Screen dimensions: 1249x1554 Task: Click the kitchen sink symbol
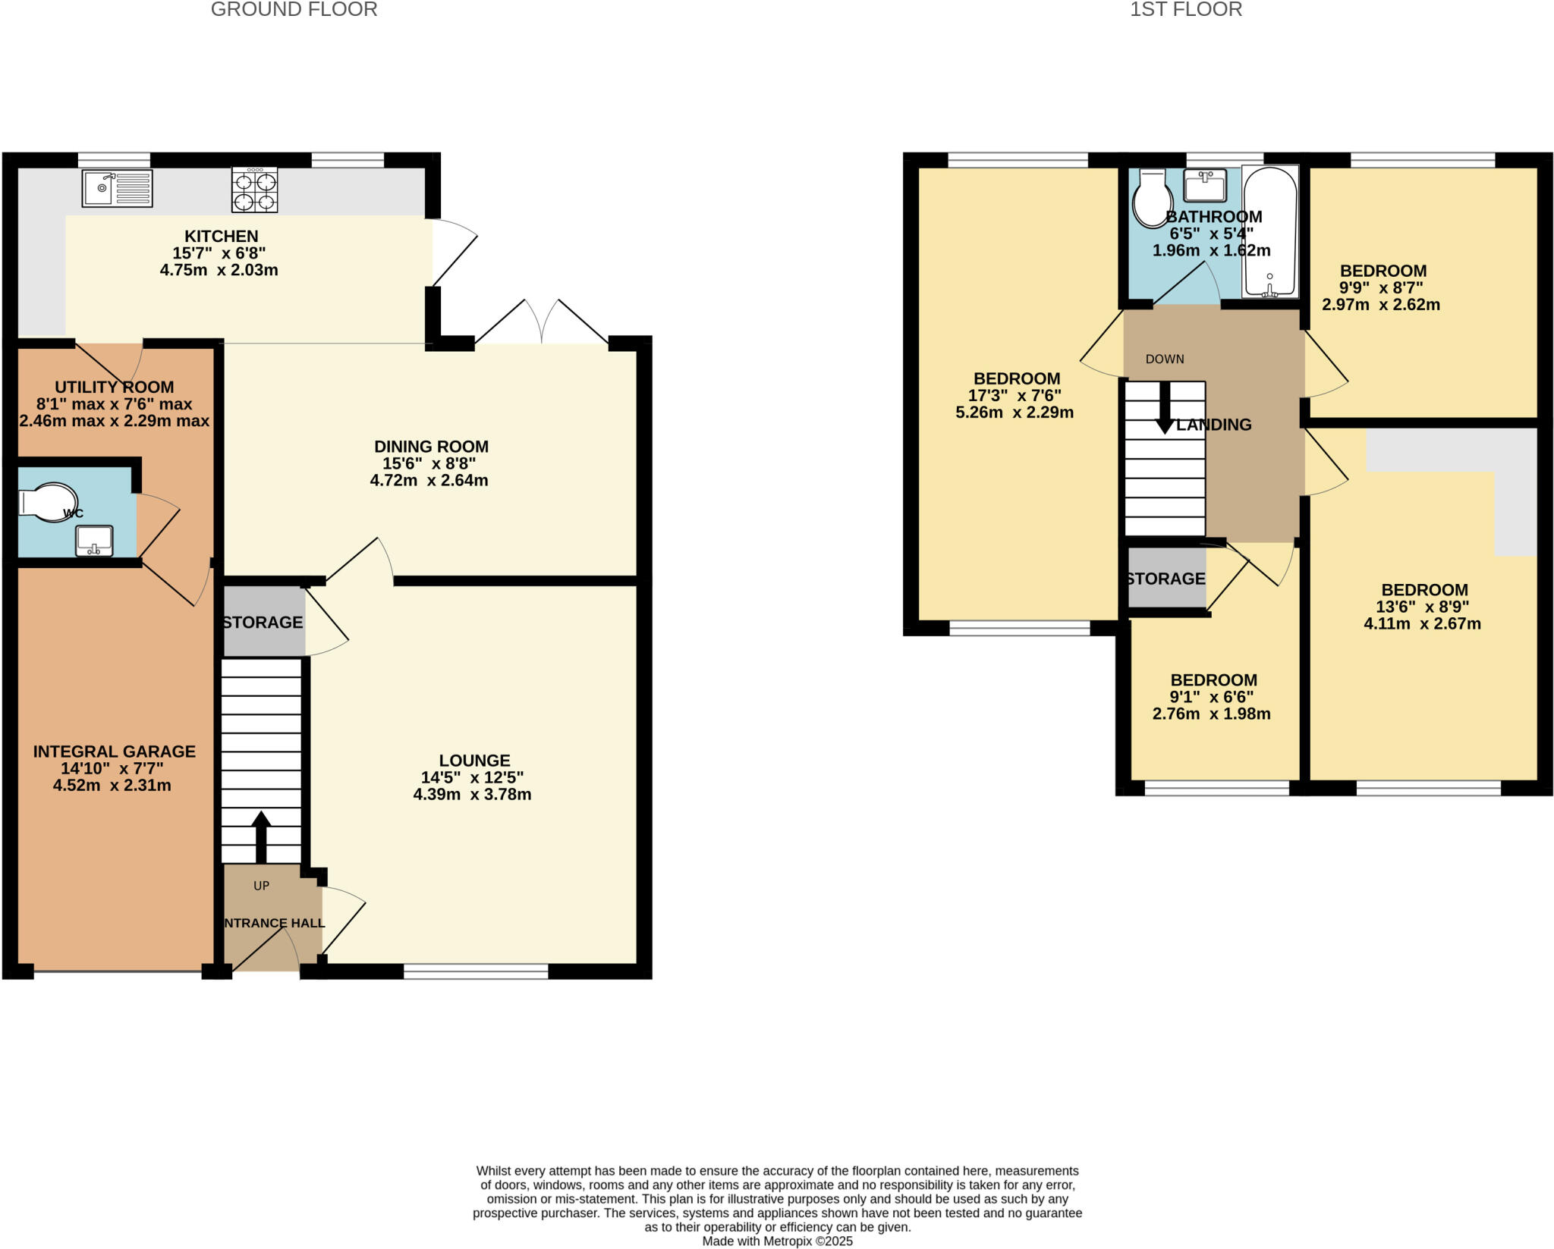point(117,188)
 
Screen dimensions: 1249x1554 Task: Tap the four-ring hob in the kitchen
point(254,190)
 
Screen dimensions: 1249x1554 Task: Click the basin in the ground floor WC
point(94,541)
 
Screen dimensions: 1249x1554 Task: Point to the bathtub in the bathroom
point(1270,231)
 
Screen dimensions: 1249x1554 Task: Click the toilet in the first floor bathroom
point(1151,199)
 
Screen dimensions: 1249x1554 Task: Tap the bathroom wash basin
point(1205,185)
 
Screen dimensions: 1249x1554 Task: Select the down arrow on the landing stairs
point(1165,410)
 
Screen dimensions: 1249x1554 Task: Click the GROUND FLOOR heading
point(294,10)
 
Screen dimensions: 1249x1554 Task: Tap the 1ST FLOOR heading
point(1186,10)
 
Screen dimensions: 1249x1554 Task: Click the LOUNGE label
point(474,760)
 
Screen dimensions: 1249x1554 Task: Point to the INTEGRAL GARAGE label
point(114,751)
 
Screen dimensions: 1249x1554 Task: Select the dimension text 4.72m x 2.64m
point(429,480)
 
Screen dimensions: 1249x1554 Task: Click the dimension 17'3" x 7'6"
point(1015,395)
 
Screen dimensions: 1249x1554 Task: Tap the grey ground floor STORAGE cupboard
point(263,622)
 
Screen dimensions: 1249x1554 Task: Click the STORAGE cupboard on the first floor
point(1166,579)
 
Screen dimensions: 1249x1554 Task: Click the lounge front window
point(476,971)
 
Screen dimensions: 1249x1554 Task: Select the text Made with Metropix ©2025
point(777,1241)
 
